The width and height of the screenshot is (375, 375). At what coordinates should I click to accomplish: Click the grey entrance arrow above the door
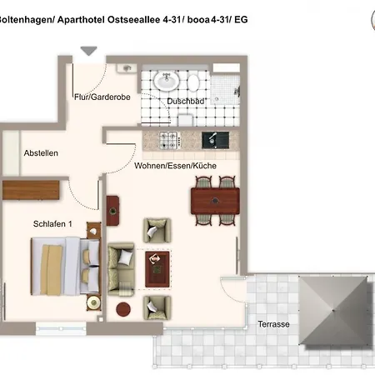(x=89, y=51)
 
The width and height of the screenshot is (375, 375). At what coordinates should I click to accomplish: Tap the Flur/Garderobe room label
(x=102, y=97)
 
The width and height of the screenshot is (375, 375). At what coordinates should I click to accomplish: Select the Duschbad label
(x=185, y=102)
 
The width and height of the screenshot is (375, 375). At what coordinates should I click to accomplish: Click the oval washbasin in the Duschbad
(x=167, y=81)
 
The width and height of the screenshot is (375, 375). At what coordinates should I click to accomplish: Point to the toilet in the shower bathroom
(x=193, y=82)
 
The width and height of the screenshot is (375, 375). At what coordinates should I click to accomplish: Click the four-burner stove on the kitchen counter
(x=170, y=140)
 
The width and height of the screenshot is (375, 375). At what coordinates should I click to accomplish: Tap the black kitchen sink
(x=215, y=140)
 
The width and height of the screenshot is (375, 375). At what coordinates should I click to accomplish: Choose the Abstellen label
(x=41, y=153)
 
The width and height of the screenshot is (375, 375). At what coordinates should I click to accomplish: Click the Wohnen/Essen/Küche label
(x=175, y=166)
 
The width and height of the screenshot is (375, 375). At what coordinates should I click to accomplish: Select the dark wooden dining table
(x=215, y=201)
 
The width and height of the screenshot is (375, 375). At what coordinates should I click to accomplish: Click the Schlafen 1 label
(x=52, y=224)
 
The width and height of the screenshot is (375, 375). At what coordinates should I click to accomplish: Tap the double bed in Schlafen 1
(x=65, y=266)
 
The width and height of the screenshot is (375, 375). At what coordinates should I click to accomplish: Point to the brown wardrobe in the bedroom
(x=31, y=190)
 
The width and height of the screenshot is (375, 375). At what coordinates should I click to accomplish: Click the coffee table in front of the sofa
(x=157, y=269)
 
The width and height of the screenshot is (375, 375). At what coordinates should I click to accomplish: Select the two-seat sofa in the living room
(x=121, y=269)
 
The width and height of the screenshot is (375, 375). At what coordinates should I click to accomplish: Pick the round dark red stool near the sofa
(x=123, y=309)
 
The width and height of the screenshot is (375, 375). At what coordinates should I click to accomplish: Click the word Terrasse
(x=273, y=324)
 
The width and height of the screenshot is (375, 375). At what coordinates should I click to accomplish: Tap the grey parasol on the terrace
(x=336, y=311)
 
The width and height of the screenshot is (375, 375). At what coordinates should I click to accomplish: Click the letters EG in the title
(x=241, y=20)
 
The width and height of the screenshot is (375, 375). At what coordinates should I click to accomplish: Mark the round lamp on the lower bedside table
(x=93, y=302)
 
